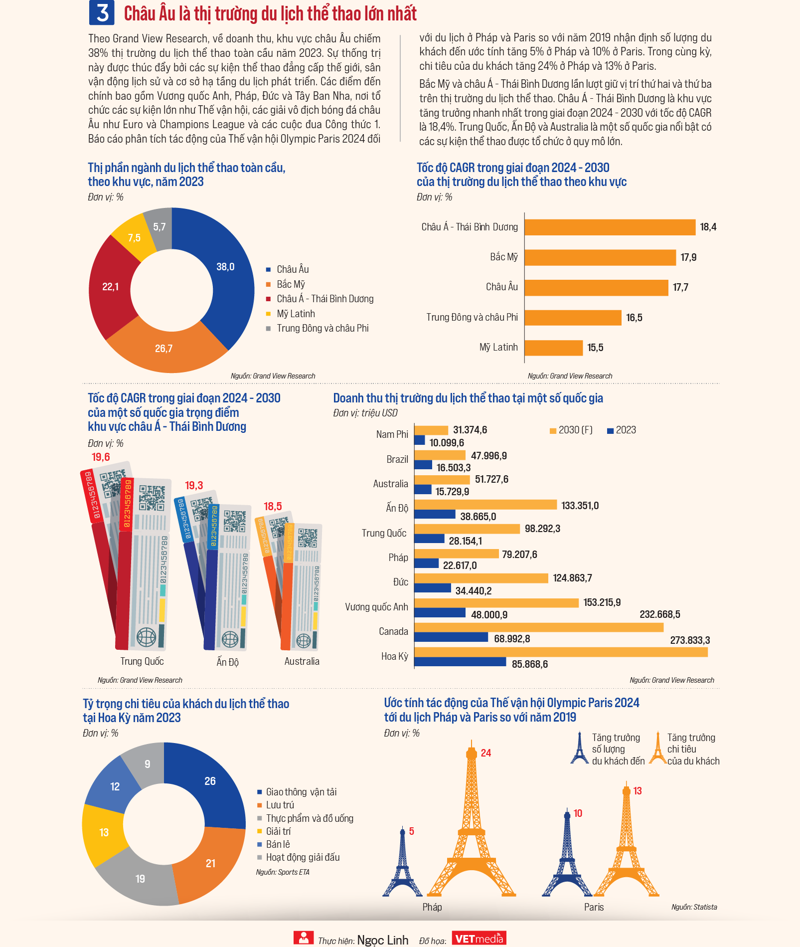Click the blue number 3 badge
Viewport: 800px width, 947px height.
click(102, 12)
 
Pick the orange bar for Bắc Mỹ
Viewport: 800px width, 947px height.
click(600, 257)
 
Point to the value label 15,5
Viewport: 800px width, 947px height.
click(595, 348)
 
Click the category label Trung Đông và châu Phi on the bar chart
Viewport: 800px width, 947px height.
click(472, 317)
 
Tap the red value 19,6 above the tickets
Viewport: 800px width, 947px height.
click(101, 457)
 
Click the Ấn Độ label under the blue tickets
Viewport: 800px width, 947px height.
click(227, 662)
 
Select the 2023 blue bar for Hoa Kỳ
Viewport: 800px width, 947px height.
click(460, 662)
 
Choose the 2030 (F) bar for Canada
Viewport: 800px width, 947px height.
click(539, 627)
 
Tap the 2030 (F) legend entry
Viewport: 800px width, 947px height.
click(571, 430)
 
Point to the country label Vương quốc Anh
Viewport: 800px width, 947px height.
click(376, 607)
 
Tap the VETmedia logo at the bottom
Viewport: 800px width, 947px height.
click(479, 939)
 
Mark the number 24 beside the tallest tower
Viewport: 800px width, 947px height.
click(486, 753)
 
